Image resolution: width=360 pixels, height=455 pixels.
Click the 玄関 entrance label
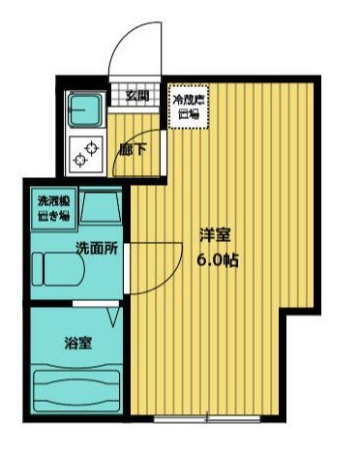135,95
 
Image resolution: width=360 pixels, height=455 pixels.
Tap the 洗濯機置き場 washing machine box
52,206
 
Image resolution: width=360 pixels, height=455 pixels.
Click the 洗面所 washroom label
97,248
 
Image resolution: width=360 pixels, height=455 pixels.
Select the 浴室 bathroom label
77,342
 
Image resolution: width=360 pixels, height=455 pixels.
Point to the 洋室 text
214,235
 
